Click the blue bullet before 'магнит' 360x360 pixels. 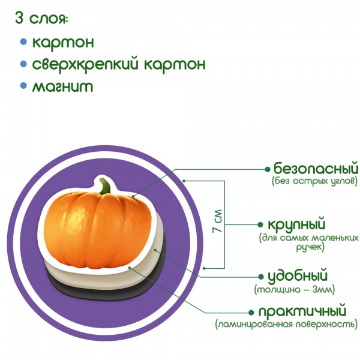coord(23,86)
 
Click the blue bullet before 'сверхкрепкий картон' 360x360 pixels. coord(23,64)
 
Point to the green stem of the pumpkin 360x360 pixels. coord(106,187)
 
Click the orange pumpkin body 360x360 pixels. coord(99,231)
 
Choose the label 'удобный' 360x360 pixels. coord(297,277)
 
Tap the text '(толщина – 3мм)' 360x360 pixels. coord(294,290)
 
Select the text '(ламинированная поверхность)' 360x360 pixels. coord(287,325)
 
